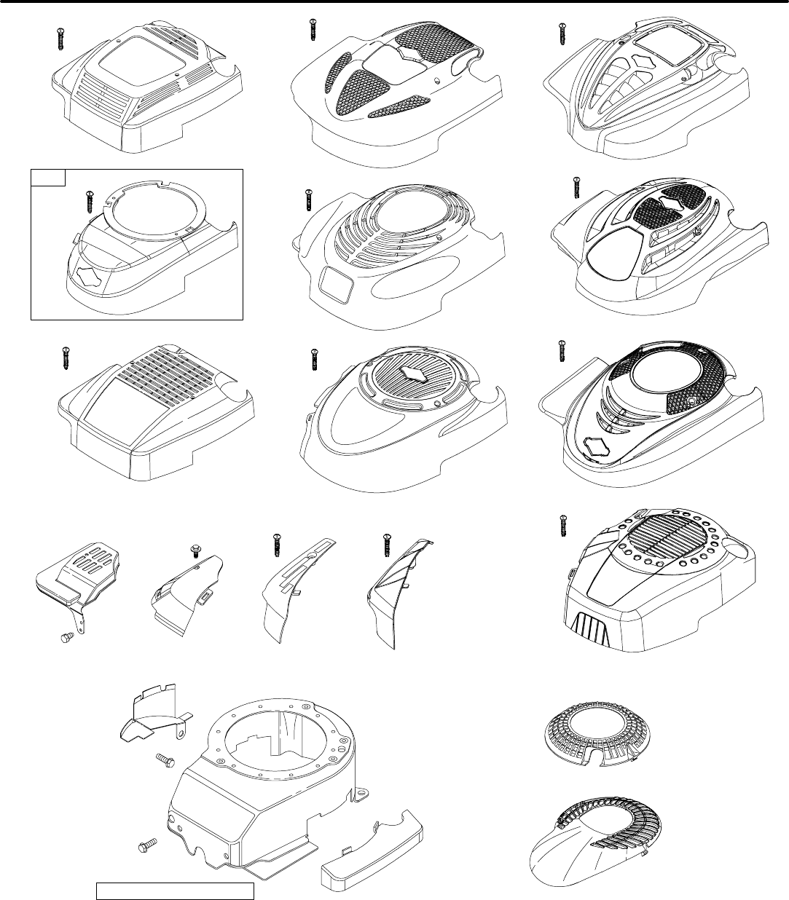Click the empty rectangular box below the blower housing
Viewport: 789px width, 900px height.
(x=175, y=891)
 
